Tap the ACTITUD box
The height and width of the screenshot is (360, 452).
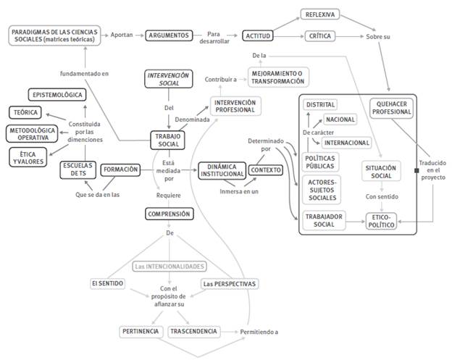click(257, 35)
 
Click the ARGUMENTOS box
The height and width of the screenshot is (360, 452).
click(168, 35)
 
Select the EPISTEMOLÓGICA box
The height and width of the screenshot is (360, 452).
click(57, 95)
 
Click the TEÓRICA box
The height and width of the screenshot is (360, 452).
click(25, 112)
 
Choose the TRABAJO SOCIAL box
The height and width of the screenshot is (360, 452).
click(169, 139)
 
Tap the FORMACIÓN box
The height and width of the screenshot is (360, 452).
click(120, 169)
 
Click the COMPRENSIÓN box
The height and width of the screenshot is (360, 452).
click(169, 214)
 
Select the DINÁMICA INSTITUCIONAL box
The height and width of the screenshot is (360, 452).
click(217, 171)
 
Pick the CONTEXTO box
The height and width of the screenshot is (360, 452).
click(265, 169)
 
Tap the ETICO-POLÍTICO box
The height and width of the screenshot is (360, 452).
click(382, 221)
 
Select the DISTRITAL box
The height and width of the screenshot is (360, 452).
click(321, 105)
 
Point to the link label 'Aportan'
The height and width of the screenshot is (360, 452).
click(121, 35)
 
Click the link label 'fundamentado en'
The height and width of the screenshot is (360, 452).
click(85, 73)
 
